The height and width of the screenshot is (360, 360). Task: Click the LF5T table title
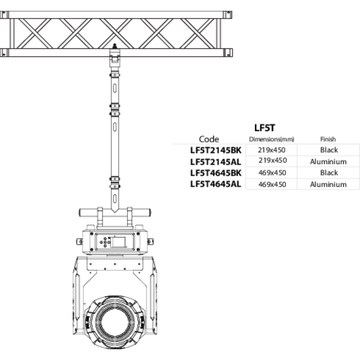click(265, 128)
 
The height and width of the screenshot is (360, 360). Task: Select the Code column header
click(209, 139)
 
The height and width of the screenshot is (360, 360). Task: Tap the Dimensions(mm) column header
click(272, 139)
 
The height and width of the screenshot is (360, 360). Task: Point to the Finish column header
click(328, 139)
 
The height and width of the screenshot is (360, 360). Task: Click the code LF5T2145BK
click(216, 150)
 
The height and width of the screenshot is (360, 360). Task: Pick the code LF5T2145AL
click(215, 162)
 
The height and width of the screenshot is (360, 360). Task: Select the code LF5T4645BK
click(216, 173)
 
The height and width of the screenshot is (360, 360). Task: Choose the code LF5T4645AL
click(215, 184)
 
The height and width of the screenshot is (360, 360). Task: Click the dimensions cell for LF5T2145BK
click(272, 150)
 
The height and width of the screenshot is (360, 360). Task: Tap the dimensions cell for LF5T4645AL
click(272, 184)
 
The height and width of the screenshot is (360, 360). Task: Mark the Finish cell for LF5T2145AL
click(328, 161)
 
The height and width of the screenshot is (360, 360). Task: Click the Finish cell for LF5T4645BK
click(329, 173)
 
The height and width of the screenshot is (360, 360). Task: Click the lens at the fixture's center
click(115, 321)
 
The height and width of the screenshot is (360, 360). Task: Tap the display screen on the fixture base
click(118, 242)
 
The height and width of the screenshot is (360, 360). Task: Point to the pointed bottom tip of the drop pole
click(115, 212)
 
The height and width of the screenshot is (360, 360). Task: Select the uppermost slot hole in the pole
click(115, 88)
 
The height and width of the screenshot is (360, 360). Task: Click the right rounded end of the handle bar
click(149, 212)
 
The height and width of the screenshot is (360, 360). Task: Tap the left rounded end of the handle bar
click(80, 212)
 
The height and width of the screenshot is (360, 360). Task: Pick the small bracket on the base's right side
click(150, 242)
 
